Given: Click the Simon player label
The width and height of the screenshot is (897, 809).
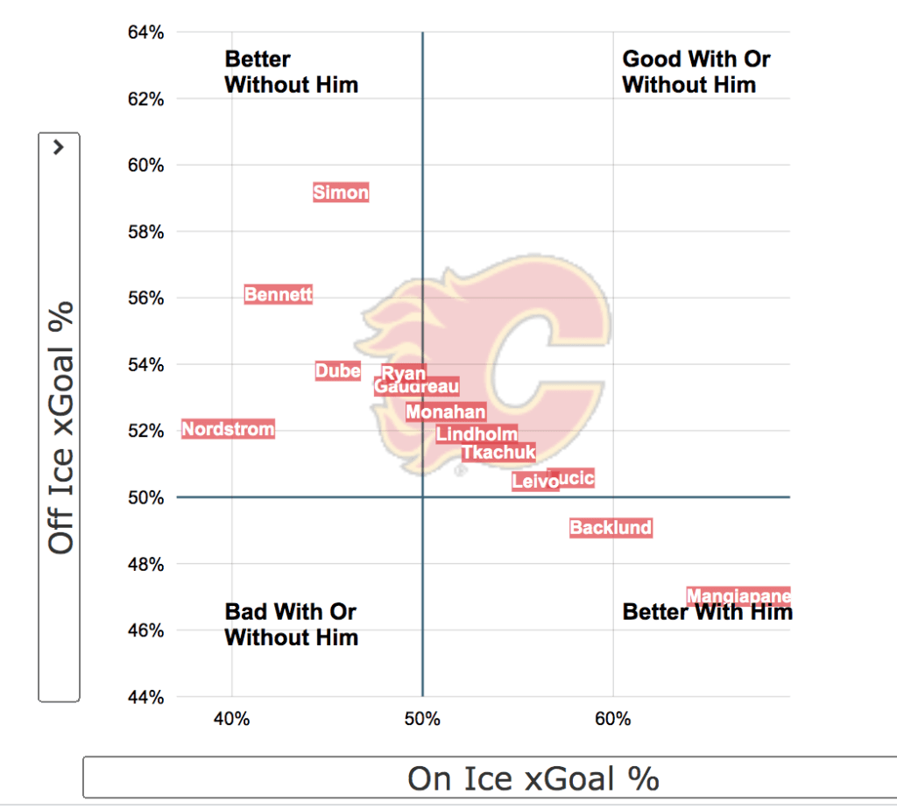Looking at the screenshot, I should pyautogui.click(x=341, y=193).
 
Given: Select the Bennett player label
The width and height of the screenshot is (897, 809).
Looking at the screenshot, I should pyautogui.click(x=278, y=295).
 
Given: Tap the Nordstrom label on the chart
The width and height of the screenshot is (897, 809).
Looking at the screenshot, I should pyautogui.click(x=228, y=429).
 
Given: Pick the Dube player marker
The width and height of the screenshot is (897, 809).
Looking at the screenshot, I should pyautogui.click(x=337, y=371).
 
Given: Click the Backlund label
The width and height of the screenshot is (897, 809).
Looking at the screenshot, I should pyautogui.click(x=611, y=528).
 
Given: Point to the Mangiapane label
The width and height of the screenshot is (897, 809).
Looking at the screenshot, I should pyautogui.click(x=738, y=596).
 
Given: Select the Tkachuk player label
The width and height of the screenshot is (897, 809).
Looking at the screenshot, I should pyautogui.click(x=498, y=453).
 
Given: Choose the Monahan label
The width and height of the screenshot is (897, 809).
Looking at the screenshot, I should pyautogui.click(x=445, y=412).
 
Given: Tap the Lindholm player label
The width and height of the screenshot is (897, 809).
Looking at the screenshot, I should pyautogui.click(x=477, y=433).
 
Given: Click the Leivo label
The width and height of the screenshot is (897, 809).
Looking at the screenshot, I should pyautogui.click(x=533, y=482).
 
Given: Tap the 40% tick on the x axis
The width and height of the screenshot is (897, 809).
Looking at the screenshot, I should pyautogui.click(x=232, y=720).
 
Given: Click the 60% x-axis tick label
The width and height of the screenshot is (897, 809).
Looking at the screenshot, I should pyautogui.click(x=613, y=720).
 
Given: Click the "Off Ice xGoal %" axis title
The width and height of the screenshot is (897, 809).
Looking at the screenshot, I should pyautogui.click(x=60, y=428).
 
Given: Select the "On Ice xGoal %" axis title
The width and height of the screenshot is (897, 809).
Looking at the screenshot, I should pyautogui.click(x=533, y=778).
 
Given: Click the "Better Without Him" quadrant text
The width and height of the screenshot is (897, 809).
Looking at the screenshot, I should pyautogui.click(x=292, y=72).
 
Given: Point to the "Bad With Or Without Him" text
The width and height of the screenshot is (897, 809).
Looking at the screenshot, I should pyautogui.click(x=292, y=624).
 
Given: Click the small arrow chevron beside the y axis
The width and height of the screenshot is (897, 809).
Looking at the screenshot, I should pyautogui.click(x=59, y=148).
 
